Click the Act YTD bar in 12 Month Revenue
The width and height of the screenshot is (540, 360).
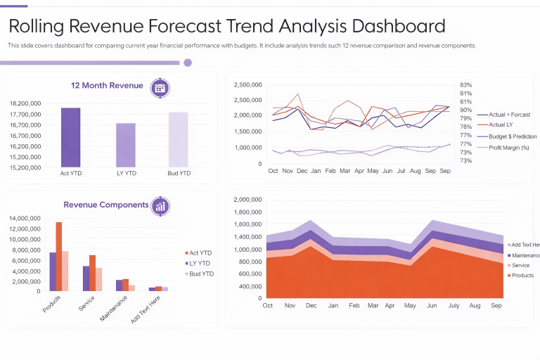point(70,137)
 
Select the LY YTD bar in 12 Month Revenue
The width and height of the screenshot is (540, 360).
point(126,145)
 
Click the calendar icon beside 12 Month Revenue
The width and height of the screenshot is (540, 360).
point(160,87)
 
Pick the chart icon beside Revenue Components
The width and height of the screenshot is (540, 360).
point(161,205)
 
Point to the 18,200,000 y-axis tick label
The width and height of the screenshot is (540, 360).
point(25,103)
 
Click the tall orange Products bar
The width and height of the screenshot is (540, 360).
point(59,256)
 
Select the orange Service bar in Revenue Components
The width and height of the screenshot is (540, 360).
point(92,273)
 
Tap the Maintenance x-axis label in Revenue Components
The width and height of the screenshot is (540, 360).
point(114,308)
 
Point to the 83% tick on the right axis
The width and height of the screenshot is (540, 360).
point(465,84)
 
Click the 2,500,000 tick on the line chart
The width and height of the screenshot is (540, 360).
point(247,84)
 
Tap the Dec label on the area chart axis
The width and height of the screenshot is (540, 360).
point(311,306)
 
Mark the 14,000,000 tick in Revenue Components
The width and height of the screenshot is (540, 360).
point(29,218)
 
